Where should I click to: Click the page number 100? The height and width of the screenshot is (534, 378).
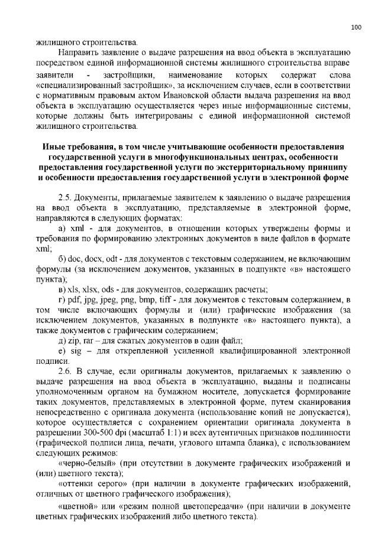(356, 27)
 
